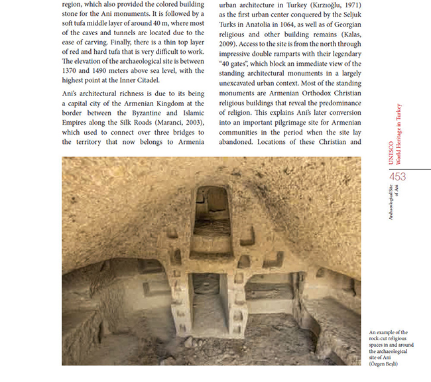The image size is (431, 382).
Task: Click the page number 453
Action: point(398,176)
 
